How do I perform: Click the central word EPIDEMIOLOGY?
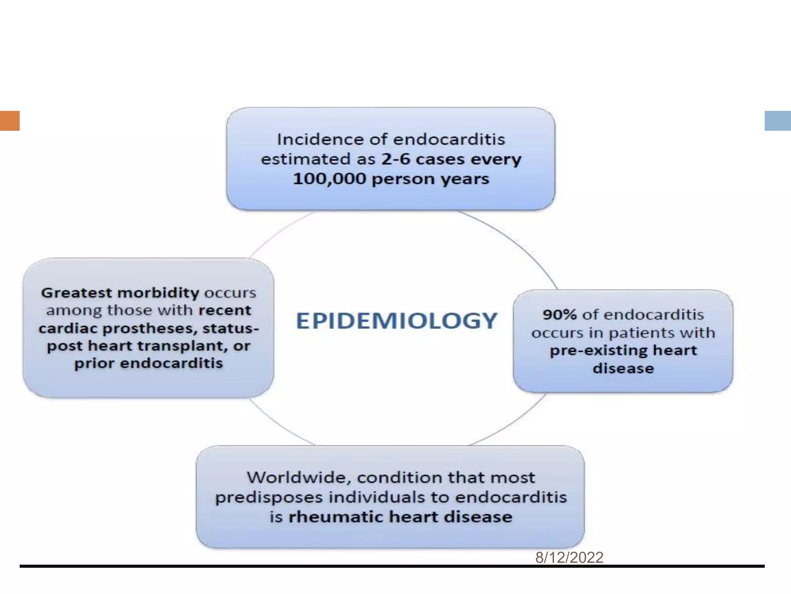coord(396,321)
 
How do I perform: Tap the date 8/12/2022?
coord(569,557)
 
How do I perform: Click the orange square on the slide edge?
coord(10,121)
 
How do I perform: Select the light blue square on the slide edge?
coord(777,121)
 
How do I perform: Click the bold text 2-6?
coord(395,159)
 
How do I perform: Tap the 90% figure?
coord(559,315)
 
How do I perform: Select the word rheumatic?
coord(336,517)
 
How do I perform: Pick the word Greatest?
coord(76,293)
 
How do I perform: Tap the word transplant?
coord(190,346)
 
